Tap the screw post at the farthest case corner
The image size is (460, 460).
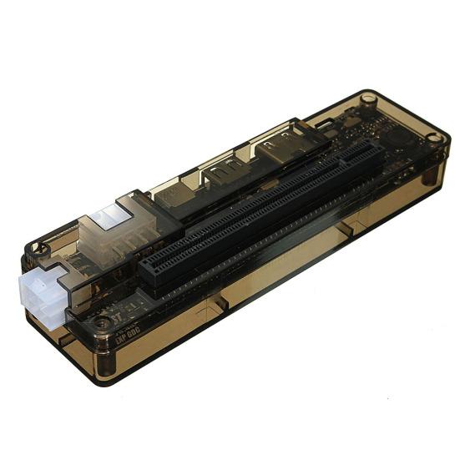(367, 99)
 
